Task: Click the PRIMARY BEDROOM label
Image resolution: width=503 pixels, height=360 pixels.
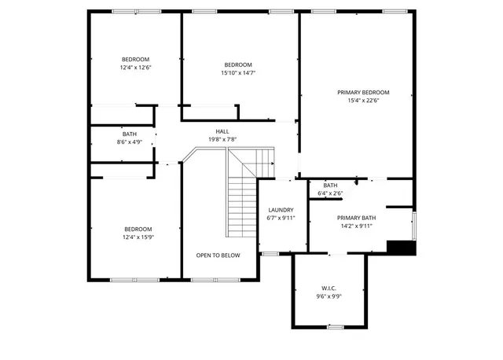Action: (x=363, y=93)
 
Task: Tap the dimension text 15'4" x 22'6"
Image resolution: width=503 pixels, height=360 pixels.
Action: (x=363, y=101)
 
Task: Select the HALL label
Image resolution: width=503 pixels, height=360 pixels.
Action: (x=222, y=131)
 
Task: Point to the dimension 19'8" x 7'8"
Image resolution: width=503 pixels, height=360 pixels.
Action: (x=222, y=139)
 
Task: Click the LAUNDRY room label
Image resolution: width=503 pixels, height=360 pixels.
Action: (x=281, y=210)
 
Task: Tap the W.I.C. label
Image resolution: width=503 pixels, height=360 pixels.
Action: (x=329, y=288)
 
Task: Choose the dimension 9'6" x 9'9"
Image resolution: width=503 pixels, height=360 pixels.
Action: (x=329, y=296)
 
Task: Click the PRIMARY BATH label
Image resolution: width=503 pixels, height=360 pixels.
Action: (x=357, y=218)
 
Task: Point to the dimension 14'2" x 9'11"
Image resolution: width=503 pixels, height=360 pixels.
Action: (x=357, y=226)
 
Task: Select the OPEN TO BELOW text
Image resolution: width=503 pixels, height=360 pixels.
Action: (x=218, y=255)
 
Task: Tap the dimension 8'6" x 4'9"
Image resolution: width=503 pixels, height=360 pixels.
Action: (x=129, y=142)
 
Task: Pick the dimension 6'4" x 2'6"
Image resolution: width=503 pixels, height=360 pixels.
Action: (x=330, y=193)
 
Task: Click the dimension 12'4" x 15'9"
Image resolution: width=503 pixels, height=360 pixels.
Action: (x=137, y=237)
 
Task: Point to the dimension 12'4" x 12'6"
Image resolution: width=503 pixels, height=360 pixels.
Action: (x=135, y=68)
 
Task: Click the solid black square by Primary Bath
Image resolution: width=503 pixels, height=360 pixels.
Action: (x=401, y=247)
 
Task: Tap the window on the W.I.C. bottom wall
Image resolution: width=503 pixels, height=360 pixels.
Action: (x=336, y=326)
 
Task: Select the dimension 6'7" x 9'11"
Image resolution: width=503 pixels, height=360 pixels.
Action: (x=281, y=219)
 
